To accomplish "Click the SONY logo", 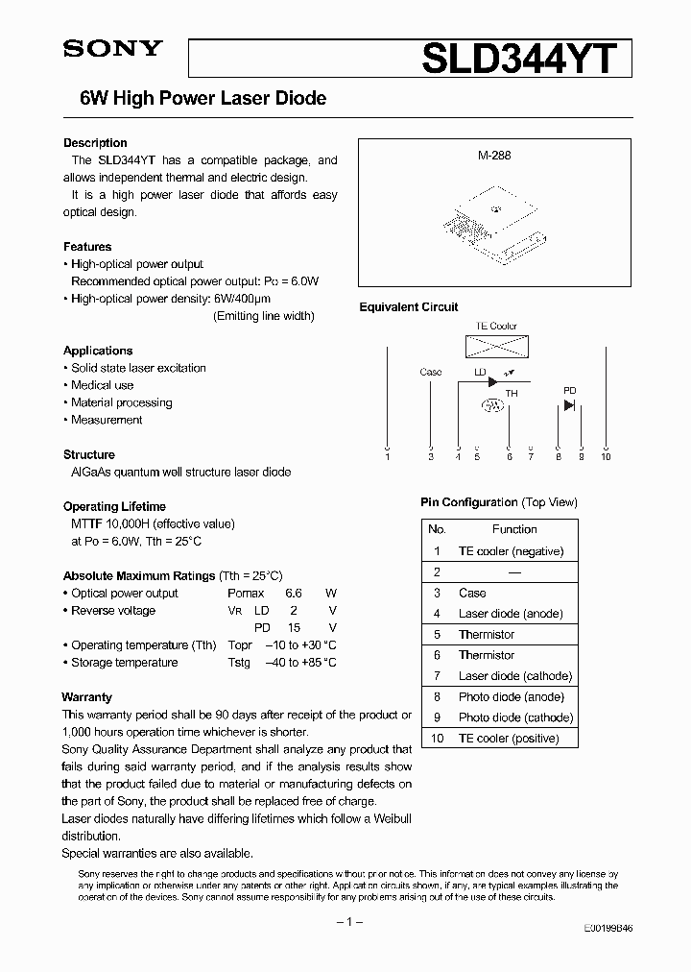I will click(x=112, y=49).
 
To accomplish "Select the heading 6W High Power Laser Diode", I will click(x=195, y=98).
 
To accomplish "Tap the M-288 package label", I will click(x=494, y=155).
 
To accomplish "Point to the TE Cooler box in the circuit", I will click(x=496, y=346).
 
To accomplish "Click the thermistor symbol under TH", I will click(x=492, y=406).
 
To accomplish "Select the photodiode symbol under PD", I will click(x=569, y=405).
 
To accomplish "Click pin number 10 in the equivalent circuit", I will click(x=606, y=457).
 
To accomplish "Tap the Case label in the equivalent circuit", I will click(x=431, y=372).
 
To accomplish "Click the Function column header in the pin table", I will click(x=514, y=529).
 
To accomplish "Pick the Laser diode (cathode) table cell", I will click(x=514, y=676).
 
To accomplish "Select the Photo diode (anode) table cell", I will click(x=511, y=697).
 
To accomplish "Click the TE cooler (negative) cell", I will click(x=511, y=551).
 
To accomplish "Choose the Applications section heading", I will click(x=98, y=351).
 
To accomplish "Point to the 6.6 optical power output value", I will click(x=294, y=594).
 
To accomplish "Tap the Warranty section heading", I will click(x=87, y=697).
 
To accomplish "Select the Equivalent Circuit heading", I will click(x=409, y=307).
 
